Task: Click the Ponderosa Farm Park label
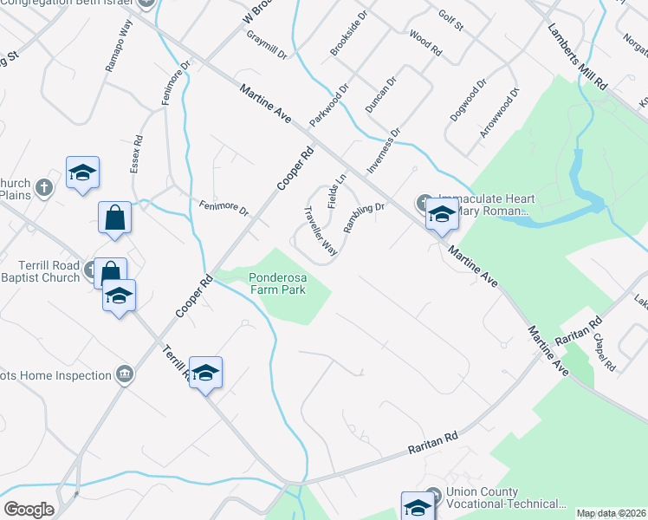(277, 284)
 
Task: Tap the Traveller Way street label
(320, 231)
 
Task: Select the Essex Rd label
(136, 153)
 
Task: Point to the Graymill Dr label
(266, 46)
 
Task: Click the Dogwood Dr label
(468, 101)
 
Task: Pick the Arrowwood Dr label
(500, 114)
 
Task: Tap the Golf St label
(450, 21)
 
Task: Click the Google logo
(29, 509)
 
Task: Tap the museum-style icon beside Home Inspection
(126, 374)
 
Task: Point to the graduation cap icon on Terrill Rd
(205, 373)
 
